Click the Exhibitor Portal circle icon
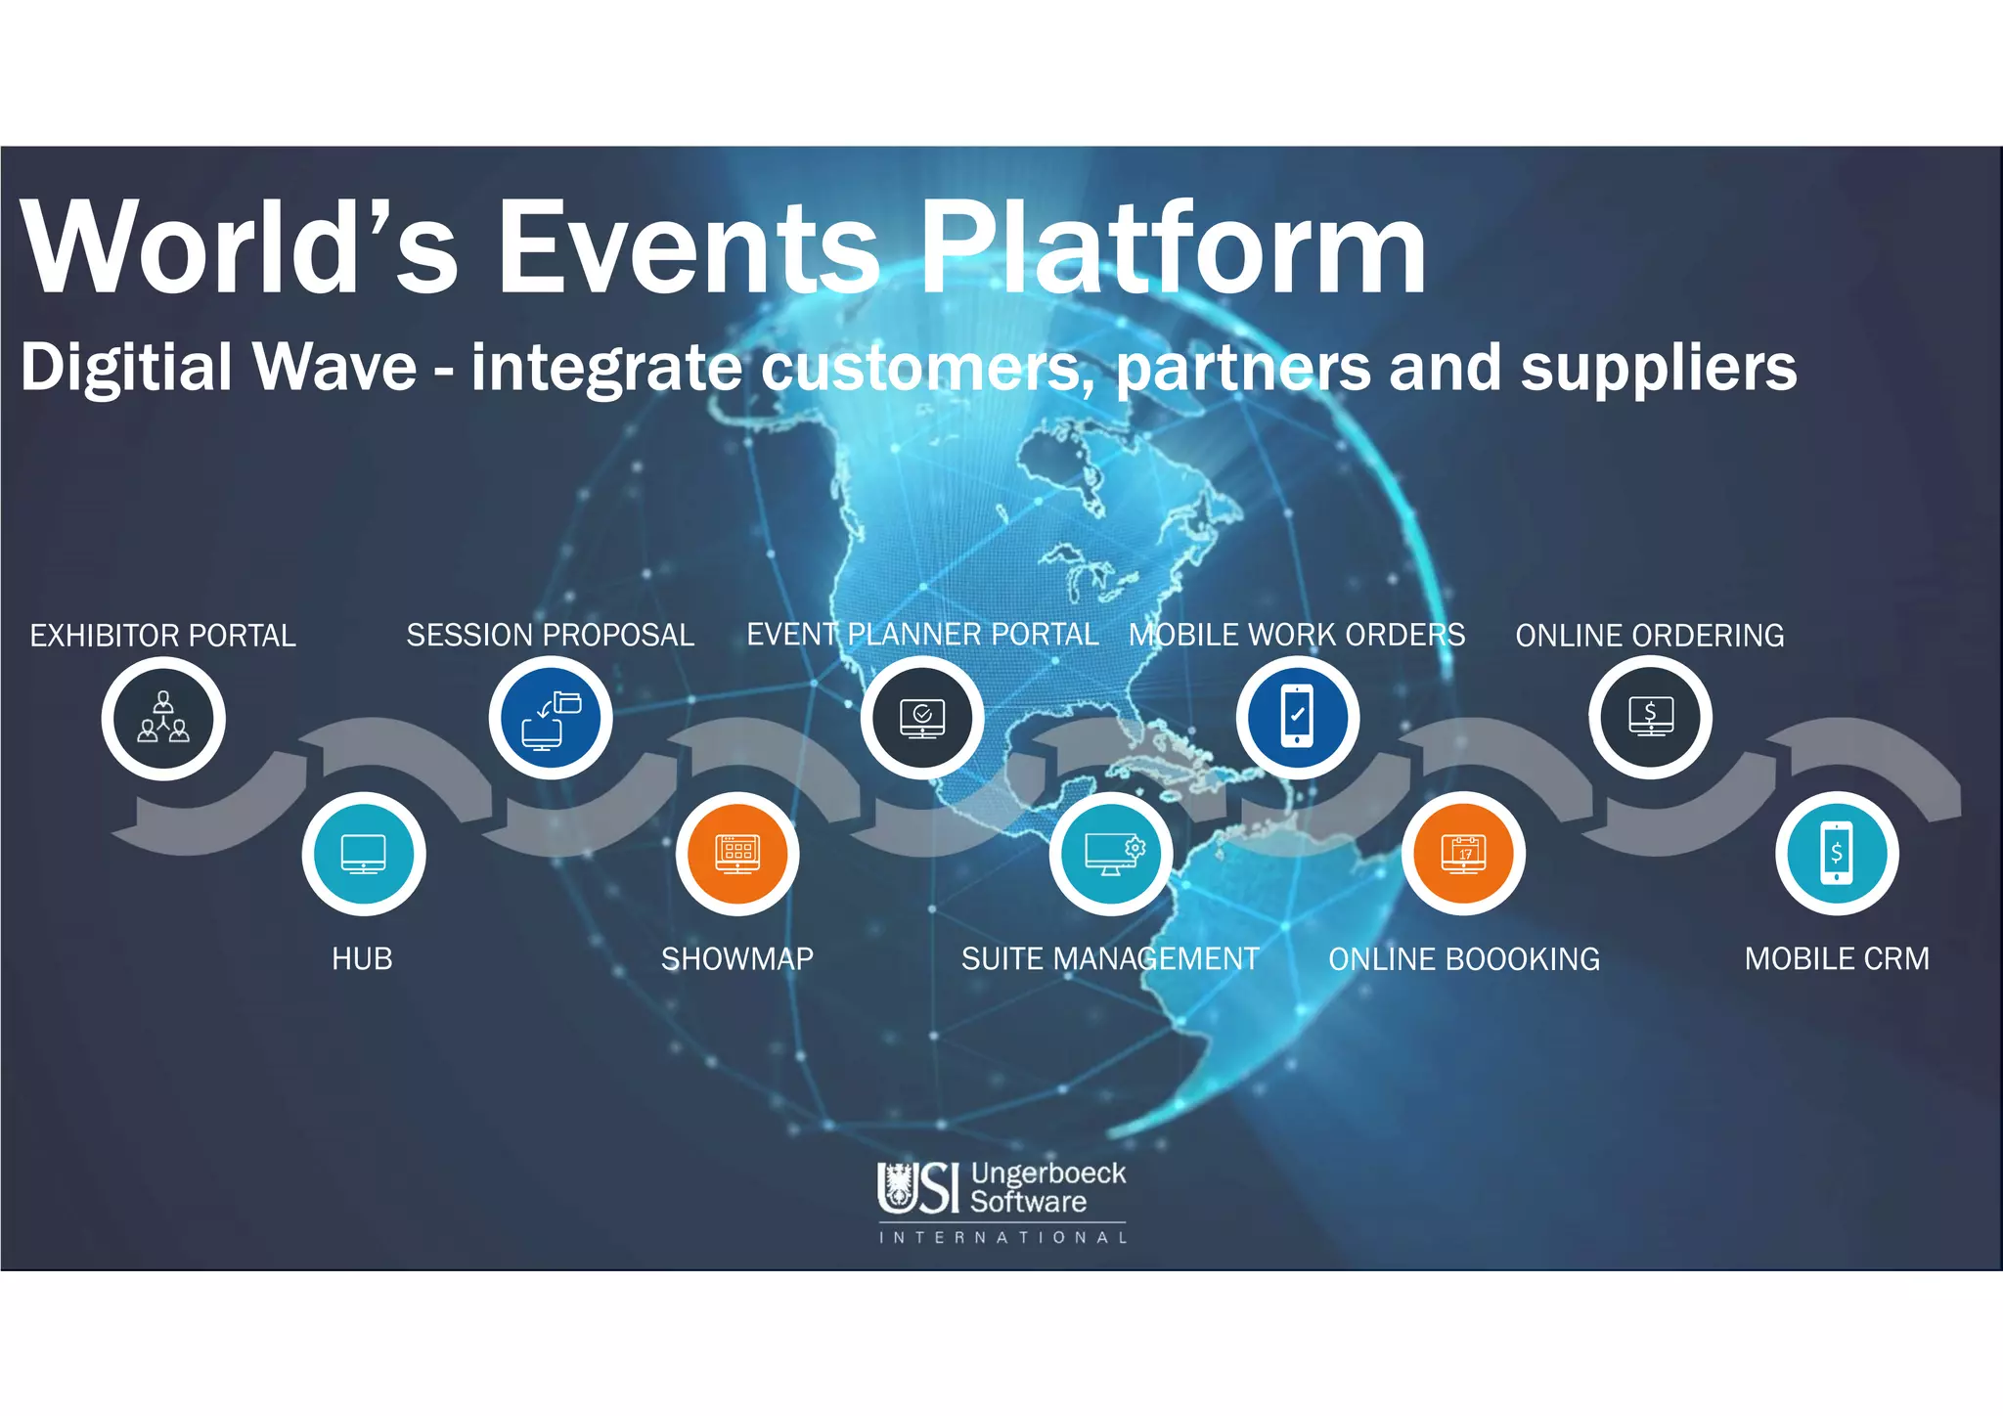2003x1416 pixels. (x=163, y=719)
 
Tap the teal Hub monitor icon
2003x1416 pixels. (x=364, y=854)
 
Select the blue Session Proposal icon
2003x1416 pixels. (x=551, y=718)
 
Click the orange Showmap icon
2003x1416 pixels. (x=737, y=854)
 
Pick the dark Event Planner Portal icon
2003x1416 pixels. (x=922, y=718)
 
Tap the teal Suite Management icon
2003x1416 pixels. (x=1111, y=854)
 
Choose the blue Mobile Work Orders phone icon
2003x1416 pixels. (x=1298, y=718)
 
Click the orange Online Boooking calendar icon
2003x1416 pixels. (x=1464, y=854)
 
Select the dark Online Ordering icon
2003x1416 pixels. (x=1651, y=718)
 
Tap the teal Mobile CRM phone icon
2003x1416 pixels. (x=1838, y=854)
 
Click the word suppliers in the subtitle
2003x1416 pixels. (x=1659, y=370)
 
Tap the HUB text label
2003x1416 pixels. (x=362, y=959)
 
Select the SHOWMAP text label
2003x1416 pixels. (x=737, y=959)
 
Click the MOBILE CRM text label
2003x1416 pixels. (x=1837, y=959)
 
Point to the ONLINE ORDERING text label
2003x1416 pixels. (x=1650, y=636)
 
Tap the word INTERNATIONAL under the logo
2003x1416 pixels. (x=1002, y=1238)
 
